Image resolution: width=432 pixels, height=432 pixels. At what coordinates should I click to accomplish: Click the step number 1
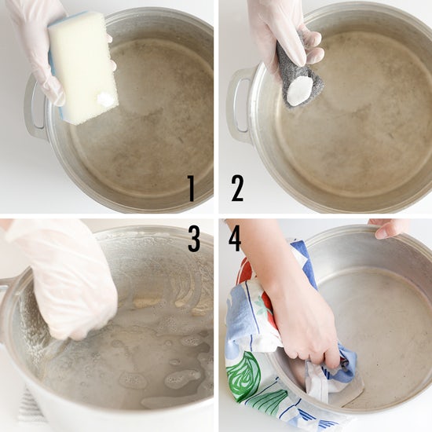pyautogui.click(x=191, y=189)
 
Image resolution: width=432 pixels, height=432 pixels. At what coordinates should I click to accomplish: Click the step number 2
pyautogui.click(x=237, y=189)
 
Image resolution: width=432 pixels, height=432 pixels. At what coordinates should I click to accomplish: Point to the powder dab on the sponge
pyautogui.click(x=105, y=98)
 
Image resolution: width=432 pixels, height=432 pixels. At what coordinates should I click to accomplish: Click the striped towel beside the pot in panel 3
pyautogui.click(x=31, y=406)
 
